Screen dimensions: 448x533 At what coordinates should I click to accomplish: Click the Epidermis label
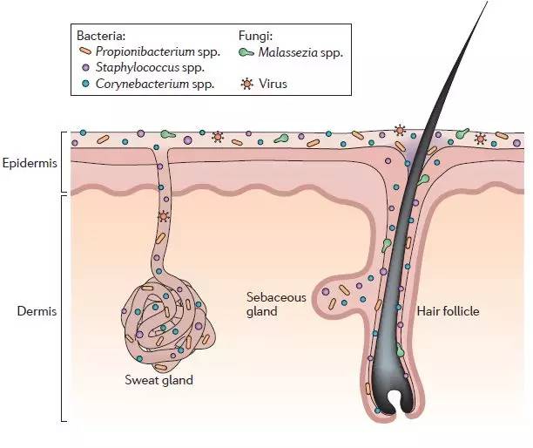[x=30, y=162]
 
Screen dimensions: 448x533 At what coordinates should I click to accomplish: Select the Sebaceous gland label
[x=276, y=303]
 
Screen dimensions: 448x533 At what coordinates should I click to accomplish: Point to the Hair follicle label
[x=448, y=310]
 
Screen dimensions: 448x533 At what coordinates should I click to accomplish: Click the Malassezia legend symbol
[x=246, y=51]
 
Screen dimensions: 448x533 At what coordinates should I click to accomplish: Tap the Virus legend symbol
[x=246, y=85]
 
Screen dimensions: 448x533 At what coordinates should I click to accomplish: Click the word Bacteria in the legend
[x=102, y=36]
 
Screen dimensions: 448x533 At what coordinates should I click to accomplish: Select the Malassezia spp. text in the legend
[x=301, y=51]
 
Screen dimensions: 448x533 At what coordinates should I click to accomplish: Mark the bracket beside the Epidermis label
[x=64, y=162]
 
